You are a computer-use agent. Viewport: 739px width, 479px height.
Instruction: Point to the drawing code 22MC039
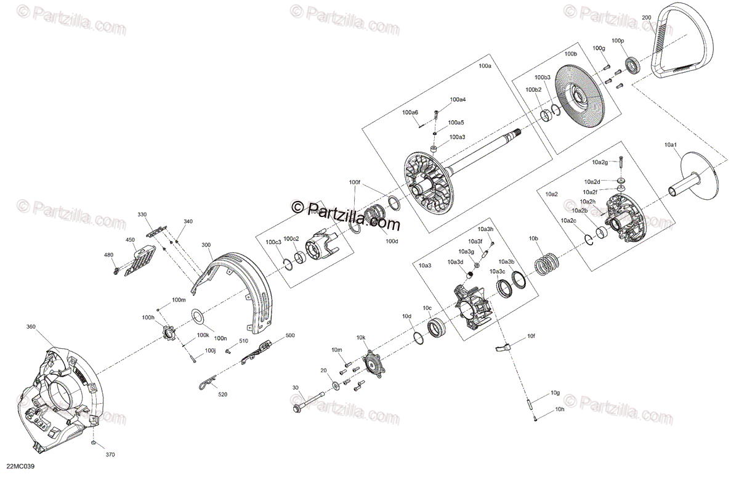20,467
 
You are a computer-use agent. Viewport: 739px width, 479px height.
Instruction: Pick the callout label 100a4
458,99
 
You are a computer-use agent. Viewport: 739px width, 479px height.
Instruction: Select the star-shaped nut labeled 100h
166,335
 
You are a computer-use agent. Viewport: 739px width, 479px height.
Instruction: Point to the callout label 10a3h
486,229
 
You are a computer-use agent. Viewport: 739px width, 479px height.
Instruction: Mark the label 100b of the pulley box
571,54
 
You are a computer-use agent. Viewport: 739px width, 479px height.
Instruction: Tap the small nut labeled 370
92,444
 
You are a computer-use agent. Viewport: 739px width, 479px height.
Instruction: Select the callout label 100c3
273,242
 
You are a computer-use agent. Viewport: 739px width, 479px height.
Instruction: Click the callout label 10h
559,409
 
